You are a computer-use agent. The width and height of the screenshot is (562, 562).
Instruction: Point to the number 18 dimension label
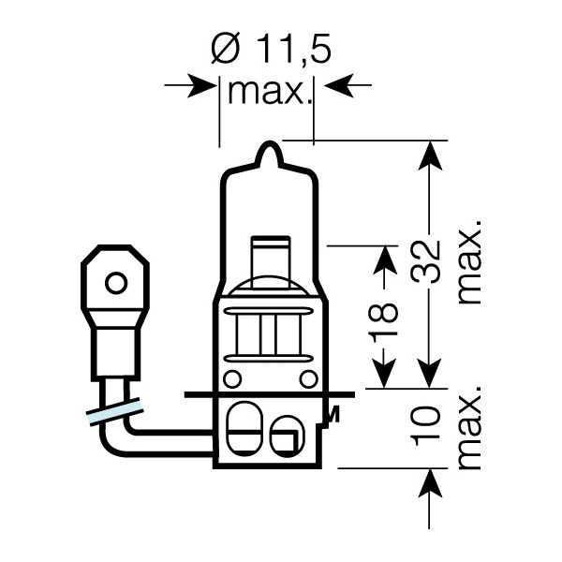point(385,320)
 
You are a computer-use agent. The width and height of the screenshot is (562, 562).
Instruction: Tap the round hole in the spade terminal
point(116,282)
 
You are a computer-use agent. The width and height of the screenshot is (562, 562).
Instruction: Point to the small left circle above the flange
point(232,378)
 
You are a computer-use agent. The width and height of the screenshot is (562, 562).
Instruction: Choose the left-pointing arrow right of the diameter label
point(334,86)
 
